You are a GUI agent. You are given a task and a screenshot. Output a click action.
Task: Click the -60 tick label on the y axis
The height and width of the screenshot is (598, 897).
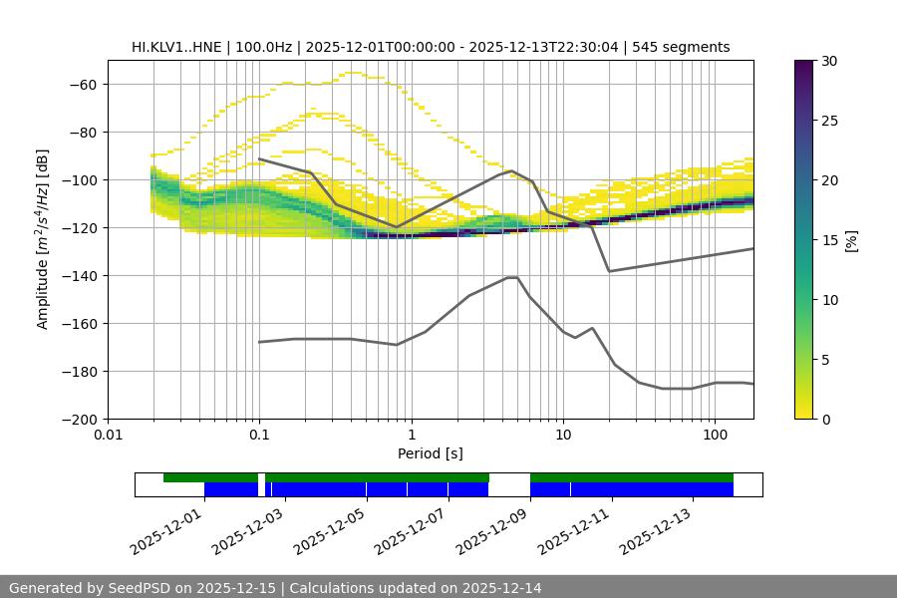point(82,84)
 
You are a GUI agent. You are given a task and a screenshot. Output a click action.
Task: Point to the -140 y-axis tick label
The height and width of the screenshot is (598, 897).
point(78,275)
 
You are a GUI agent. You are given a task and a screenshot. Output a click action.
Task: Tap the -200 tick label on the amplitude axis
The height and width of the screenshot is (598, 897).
point(78,419)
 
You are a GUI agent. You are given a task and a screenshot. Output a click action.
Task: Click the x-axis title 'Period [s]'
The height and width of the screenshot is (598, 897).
point(431,453)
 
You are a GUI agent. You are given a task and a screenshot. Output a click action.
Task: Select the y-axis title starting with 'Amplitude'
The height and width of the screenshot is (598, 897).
point(43,239)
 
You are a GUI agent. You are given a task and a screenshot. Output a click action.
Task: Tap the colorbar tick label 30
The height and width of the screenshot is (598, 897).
point(829,61)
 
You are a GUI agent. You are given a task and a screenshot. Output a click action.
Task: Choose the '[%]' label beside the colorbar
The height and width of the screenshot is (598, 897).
point(851,240)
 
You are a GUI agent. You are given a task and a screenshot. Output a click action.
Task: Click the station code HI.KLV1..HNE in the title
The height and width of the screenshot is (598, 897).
point(176,47)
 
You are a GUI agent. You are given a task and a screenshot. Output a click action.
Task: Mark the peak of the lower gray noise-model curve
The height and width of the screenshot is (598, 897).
point(512,277)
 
